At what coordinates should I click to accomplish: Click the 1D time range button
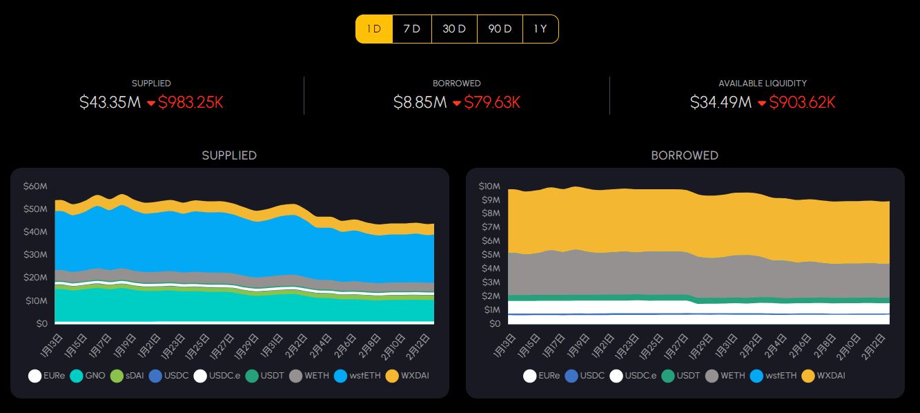(374, 29)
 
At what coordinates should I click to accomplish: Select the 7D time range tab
(412, 29)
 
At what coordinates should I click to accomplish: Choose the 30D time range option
(454, 29)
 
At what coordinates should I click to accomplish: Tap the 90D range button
(500, 29)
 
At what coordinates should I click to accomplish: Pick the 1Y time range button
(540, 29)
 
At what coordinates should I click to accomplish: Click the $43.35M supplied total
(110, 103)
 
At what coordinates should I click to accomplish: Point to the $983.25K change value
(190, 103)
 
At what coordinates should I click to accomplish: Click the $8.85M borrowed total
(420, 103)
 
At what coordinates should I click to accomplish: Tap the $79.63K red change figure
(492, 103)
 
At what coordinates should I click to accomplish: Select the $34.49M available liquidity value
(721, 103)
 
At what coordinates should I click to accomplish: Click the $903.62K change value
(802, 103)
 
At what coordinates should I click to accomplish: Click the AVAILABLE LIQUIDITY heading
(763, 83)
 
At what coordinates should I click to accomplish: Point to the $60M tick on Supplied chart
(35, 186)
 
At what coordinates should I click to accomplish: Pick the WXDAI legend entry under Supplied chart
(408, 376)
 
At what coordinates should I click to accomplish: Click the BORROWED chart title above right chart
(685, 155)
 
